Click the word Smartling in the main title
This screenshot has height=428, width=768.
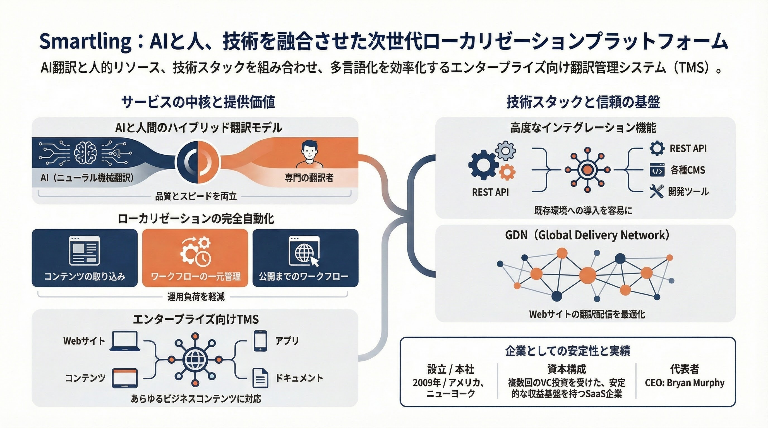pyautogui.click(x=85, y=42)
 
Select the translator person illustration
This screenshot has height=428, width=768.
pyautogui.click(x=309, y=154)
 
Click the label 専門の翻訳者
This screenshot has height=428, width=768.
pyautogui.click(x=309, y=178)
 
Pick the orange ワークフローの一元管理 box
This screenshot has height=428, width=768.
pyautogui.click(x=195, y=258)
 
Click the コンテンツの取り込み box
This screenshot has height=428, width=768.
pyautogui.click(x=85, y=258)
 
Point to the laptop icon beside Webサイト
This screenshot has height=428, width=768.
pyautogui.click(x=125, y=341)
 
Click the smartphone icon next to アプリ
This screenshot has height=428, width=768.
pyautogui.click(x=260, y=341)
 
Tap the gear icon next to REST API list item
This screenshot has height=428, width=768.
pyautogui.click(x=657, y=148)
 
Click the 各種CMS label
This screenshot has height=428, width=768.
pyautogui.click(x=688, y=170)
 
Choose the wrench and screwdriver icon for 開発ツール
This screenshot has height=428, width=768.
pyautogui.click(x=656, y=191)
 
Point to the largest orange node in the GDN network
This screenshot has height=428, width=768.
pyautogui.click(x=587, y=275)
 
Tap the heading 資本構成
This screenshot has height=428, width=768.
pyautogui.click(x=567, y=369)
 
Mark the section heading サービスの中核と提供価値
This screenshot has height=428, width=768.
pyautogui.click(x=198, y=102)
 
